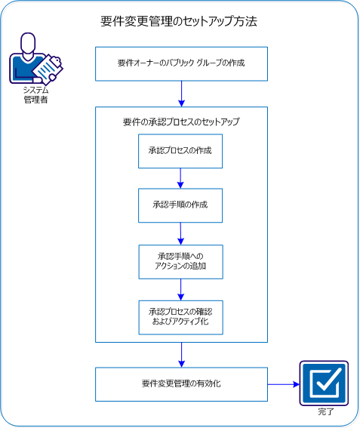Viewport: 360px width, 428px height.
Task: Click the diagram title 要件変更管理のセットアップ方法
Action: (x=179, y=22)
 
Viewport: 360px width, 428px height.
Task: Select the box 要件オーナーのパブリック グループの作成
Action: (x=181, y=63)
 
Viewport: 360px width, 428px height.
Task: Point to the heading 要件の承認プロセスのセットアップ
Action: (x=181, y=121)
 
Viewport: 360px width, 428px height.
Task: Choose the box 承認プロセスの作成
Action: (x=180, y=150)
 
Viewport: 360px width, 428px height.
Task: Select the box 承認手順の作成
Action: (x=180, y=205)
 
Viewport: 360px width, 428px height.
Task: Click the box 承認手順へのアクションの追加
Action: (x=180, y=261)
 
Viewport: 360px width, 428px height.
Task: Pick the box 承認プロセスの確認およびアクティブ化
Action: (x=180, y=316)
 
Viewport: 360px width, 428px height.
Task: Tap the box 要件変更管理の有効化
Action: (x=181, y=383)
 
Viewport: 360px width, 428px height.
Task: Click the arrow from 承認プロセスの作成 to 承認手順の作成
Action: (x=180, y=178)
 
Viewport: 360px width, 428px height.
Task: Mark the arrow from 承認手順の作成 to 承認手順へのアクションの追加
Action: (x=180, y=233)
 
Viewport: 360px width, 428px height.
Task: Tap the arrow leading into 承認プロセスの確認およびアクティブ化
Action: (x=180, y=290)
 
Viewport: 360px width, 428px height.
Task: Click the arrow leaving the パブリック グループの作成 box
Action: (x=181, y=93)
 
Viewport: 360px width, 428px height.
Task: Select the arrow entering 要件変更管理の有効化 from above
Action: (x=181, y=355)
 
